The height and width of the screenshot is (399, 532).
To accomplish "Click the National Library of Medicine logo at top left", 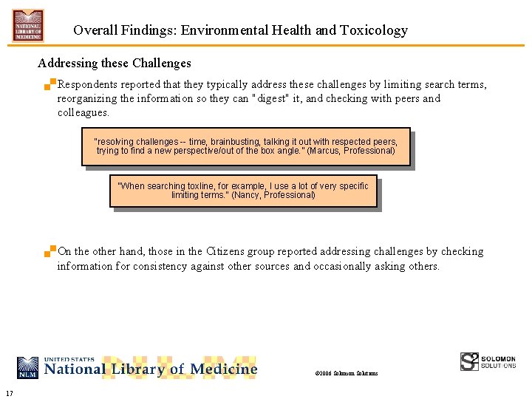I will tap(28, 25).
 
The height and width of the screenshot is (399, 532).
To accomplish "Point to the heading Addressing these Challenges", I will tap(114, 64).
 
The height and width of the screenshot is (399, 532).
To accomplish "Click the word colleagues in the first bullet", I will tap(83, 113).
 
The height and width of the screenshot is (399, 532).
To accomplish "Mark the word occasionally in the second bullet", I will tap(342, 266).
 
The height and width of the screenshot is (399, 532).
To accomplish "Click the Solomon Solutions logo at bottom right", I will tap(488, 361).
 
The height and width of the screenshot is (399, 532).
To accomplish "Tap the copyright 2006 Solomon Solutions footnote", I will tap(346, 373).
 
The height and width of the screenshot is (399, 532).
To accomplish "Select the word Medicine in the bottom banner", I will tap(224, 368).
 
